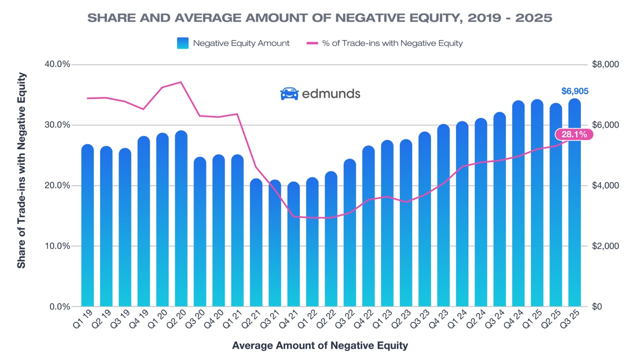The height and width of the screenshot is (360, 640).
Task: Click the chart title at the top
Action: tap(320, 18)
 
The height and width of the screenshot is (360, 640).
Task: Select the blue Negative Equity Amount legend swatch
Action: tap(182, 43)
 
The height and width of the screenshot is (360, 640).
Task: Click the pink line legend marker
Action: tap(312, 43)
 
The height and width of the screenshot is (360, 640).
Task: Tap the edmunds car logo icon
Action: tap(289, 93)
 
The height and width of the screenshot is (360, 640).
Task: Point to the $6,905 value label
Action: tap(574, 91)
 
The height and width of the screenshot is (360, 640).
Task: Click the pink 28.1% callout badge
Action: tap(574, 134)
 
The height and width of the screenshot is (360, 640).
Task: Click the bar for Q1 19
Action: tap(87, 225)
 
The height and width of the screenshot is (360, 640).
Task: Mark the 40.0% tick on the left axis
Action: tap(58, 64)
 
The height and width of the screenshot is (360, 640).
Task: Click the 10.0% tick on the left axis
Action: tap(58, 246)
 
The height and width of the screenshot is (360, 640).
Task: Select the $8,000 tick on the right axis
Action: tap(605, 64)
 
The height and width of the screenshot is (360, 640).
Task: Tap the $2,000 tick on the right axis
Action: tap(605, 246)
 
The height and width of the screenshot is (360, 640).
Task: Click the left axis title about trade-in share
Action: tap(21, 170)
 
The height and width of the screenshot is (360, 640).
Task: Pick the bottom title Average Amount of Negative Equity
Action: tap(320, 345)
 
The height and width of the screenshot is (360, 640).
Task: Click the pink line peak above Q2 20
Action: tap(181, 82)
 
